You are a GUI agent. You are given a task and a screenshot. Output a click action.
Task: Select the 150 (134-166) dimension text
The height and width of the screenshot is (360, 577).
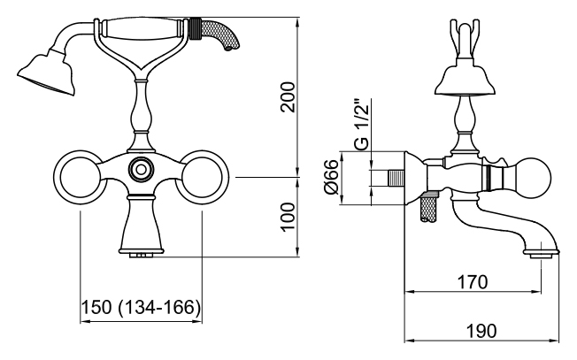point(141,307)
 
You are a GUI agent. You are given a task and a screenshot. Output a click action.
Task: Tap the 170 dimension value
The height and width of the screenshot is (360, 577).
point(473,282)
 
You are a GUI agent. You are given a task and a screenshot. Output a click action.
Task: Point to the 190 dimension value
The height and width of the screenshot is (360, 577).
point(481,331)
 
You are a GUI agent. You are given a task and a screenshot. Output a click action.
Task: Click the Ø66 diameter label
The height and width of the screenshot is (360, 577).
point(330,177)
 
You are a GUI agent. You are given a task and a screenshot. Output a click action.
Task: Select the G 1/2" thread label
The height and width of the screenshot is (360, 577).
point(362,124)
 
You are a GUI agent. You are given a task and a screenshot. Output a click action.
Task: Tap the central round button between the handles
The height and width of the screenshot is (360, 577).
point(141,170)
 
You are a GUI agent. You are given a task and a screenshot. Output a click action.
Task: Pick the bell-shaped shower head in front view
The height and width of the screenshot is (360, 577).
point(47,74)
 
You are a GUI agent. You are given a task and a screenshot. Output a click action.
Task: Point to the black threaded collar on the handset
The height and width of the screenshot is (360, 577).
point(195,27)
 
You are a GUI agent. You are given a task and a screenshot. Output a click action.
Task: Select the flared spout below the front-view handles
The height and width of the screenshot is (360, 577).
point(141,225)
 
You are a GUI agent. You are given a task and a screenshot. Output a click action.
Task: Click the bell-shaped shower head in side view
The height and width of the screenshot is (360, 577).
point(465,80)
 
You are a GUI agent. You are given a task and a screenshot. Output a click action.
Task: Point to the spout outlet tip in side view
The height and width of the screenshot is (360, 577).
point(541,253)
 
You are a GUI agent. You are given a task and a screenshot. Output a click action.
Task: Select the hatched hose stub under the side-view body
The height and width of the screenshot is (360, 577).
point(428,209)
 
